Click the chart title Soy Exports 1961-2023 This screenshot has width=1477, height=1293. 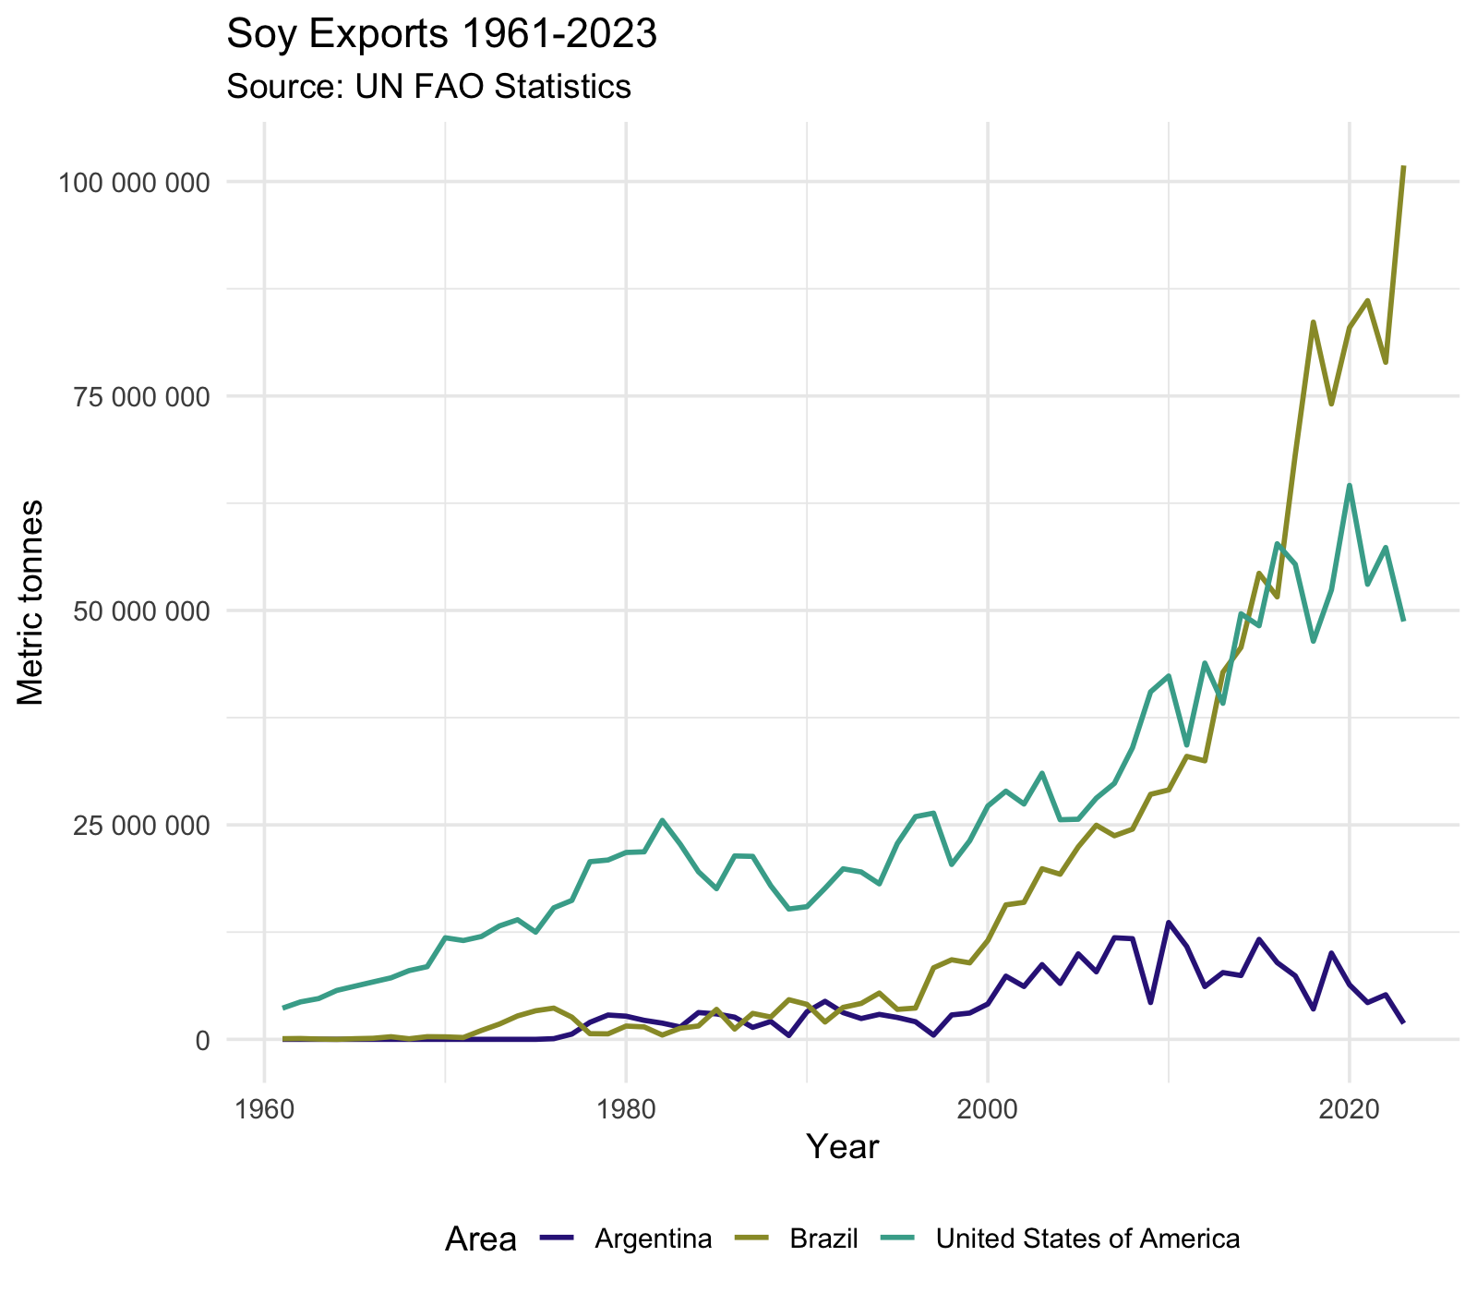click(x=441, y=34)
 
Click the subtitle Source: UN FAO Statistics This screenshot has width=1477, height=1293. click(x=428, y=86)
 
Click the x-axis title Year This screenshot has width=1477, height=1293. click(x=842, y=1147)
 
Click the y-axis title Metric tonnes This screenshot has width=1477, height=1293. click(x=31, y=602)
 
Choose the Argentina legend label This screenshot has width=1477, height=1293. click(x=654, y=1239)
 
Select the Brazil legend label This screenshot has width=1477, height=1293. click(x=824, y=1239)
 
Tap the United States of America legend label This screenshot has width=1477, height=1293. click(x=1087, y=1239)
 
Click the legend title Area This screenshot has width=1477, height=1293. click(x=480, y=1239)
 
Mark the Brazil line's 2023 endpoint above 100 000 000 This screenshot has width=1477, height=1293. click(x=1403, y=167)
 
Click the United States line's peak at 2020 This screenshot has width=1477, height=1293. click(x=1350, y=485)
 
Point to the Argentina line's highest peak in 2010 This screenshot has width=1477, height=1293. click(x=1169, y=922)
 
